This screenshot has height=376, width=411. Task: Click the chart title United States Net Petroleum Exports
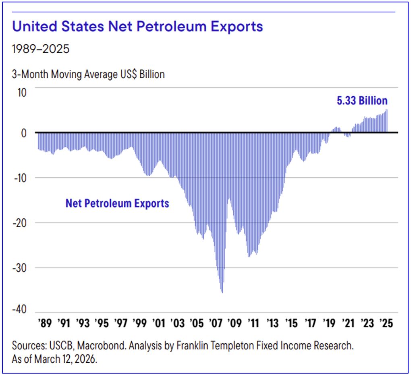pos(137,27)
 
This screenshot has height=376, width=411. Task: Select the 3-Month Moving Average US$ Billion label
pos(88,75)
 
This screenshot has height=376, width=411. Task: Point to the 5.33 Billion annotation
pos(362,100)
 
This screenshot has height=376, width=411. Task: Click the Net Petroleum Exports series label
pos(117,203)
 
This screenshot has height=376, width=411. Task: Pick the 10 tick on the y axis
pos(21,92)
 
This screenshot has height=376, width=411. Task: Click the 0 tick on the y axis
pos(24,133)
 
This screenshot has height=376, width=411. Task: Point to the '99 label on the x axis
pos(139,324)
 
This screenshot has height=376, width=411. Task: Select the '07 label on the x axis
pos(215,324)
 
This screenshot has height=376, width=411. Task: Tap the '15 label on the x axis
pos(291,324)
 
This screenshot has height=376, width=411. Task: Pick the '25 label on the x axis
pos(386,324)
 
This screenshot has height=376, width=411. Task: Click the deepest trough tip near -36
pos(222,292)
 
